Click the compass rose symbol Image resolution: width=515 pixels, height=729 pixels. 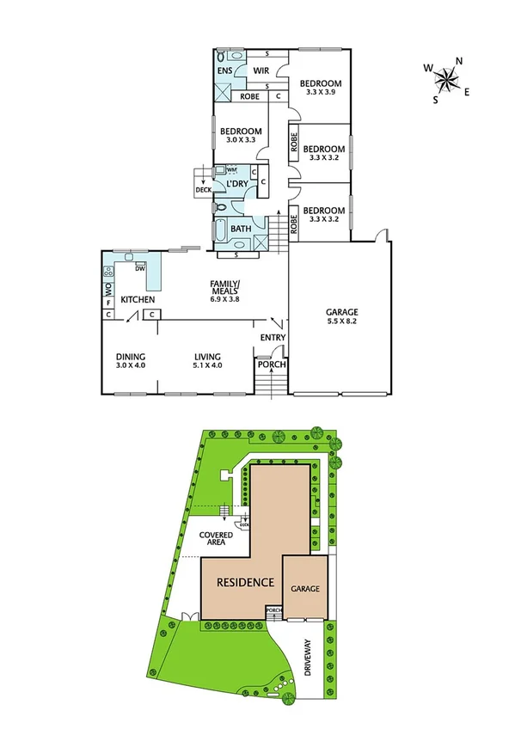tap(447, 79)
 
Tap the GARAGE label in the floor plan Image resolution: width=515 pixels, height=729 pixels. tap(341, 312)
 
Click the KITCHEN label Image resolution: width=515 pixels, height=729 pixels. tap(138, 299)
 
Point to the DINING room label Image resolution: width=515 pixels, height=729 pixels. tap(131, 357)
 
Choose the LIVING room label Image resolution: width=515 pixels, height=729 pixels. tap(208, 357)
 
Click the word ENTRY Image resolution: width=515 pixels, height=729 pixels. tap(273, 338)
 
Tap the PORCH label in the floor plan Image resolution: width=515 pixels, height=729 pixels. tap(272, 364)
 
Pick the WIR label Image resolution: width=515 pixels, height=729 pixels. tap(261, 70)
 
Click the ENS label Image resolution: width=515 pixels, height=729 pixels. tap(224, 70)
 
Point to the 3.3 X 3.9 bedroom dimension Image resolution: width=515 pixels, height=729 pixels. tap(321, 93)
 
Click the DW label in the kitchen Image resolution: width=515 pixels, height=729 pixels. tap(140, 268)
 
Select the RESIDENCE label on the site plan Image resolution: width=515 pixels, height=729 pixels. tap(245, 582)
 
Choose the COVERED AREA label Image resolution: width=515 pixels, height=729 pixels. tap(216, 539)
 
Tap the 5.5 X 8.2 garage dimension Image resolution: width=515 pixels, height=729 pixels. tap(341, 322)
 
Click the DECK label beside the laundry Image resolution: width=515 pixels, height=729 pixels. tap(203, 191)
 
